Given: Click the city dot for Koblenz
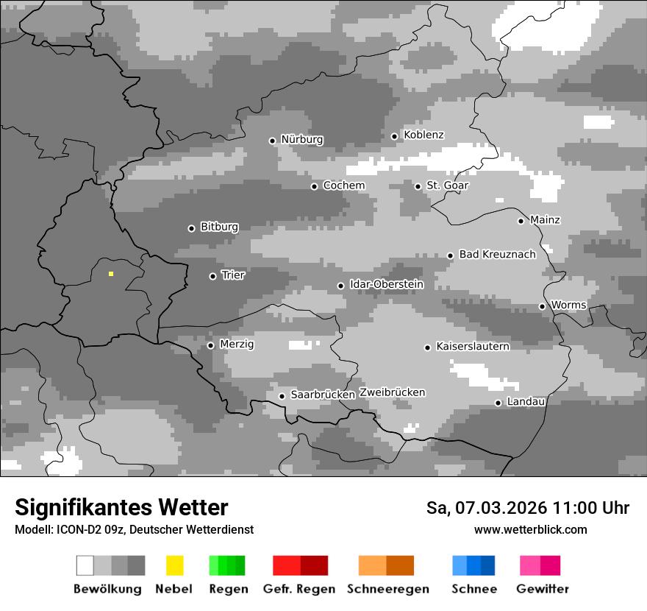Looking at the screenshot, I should click(x=394, y=136).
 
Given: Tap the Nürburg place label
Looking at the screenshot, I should click(x=301, y=140).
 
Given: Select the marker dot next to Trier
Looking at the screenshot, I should click(x=212, y=277).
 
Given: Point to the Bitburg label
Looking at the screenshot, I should click(x=219, y=227).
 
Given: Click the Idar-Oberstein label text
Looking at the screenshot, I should click(x=387, y=285).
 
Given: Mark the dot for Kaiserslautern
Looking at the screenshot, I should click(x=427, y=347).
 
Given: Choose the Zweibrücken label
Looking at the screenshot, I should click(x=392, y=393).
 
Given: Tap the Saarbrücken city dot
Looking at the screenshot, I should click(x=282, y=396).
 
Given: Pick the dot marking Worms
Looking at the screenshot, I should click(x=542, y=306).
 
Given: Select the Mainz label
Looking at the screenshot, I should click(x=545, y=220).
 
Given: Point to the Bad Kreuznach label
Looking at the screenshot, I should click(x=497, y=255).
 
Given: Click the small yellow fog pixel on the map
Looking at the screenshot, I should click(x=111, y=274).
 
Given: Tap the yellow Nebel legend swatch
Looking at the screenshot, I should click(x=174, y=565).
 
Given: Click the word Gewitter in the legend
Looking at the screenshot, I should click(x=543, y=589).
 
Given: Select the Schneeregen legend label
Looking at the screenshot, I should click(x=387, y=589).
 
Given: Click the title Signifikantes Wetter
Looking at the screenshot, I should click(x=121, y=508).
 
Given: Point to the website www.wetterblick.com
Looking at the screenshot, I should click(x=530, y=530).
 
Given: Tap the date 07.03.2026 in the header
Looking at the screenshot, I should click(x=501, y=508).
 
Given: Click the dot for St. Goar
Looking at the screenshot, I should click(x=418, y=186).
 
